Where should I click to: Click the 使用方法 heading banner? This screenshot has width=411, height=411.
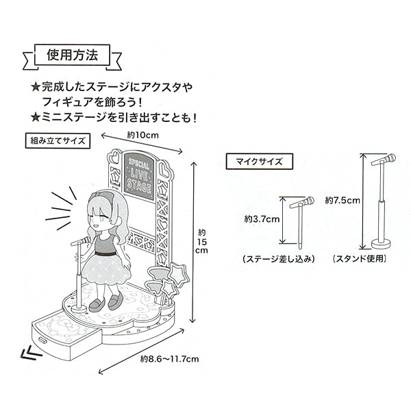pyautogui.click(x=72, y=55)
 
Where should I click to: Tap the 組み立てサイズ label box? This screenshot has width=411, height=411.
pyautogui.click(x=58, y=141)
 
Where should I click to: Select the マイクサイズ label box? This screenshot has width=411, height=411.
pyautogui.click(x=259, y=162)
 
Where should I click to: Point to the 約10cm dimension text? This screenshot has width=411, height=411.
pyautogui.click(x=143, y=135)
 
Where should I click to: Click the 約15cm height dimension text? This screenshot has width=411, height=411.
pyautogui.click(x=201, y=241)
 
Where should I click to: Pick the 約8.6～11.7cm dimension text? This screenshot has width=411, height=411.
pyautogui.click(x=169, y=358)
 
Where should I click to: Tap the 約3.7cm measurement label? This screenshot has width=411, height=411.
pyautogui.click(x=262, y=219)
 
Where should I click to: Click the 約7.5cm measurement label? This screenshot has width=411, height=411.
pyautogui.click(x=342, y=201)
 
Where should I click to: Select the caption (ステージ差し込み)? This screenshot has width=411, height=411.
pyautogui.click(x=278, y=259)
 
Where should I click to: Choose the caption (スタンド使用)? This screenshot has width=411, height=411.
pyautogui.click(x=360, y=259)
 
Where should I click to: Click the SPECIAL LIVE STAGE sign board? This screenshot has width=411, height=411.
pyautogui.click(x=139, y=177)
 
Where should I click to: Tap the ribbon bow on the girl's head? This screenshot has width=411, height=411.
pyautogui.click(x=101, y=196)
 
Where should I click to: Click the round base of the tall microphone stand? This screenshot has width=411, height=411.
pyautogui.click(x=382, y=244)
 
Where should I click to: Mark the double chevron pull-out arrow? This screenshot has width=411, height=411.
pyautogui.click(x=31, y=353)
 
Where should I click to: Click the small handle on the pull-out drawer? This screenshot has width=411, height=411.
pyautogui.click(x=42, y=340)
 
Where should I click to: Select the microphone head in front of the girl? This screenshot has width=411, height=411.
pyautogui.click(x=85, y=240)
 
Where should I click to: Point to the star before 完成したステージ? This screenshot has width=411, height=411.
pyautogui.click(x=35, y=87)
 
